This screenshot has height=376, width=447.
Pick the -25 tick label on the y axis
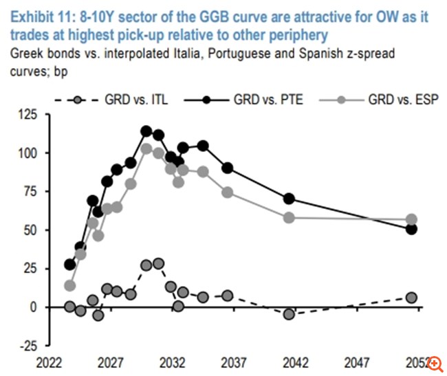[x=30, y=345]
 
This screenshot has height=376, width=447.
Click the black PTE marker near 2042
[x=290, y=199]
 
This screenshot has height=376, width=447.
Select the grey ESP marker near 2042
[x=290, y=218]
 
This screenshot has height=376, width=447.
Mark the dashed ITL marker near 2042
[x=289, y=314]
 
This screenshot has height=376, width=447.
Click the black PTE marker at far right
[x=411, y=229]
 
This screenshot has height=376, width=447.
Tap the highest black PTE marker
[x=146, y=131]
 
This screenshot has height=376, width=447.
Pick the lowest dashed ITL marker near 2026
[x=98, y=316]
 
